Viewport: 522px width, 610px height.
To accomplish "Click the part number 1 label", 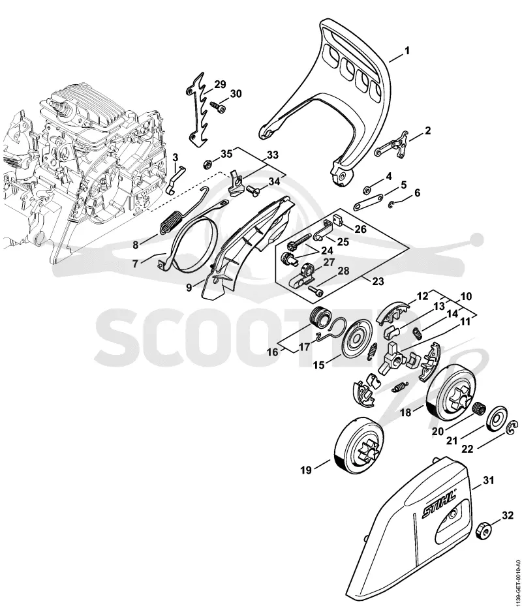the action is (x=407, y=51).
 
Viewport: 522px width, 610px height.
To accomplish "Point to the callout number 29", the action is (x=220, y=84).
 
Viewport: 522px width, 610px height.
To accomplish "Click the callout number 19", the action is (x=306, y=470).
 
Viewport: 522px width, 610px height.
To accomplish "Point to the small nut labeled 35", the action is (x=207, y=162).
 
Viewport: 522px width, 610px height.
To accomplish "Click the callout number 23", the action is (x=378, y=281).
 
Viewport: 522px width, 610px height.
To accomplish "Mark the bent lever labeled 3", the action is (x=177, y=178).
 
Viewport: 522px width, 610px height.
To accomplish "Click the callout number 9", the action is (x=189, y=288).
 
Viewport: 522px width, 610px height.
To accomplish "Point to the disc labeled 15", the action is (x=357, y=341).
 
